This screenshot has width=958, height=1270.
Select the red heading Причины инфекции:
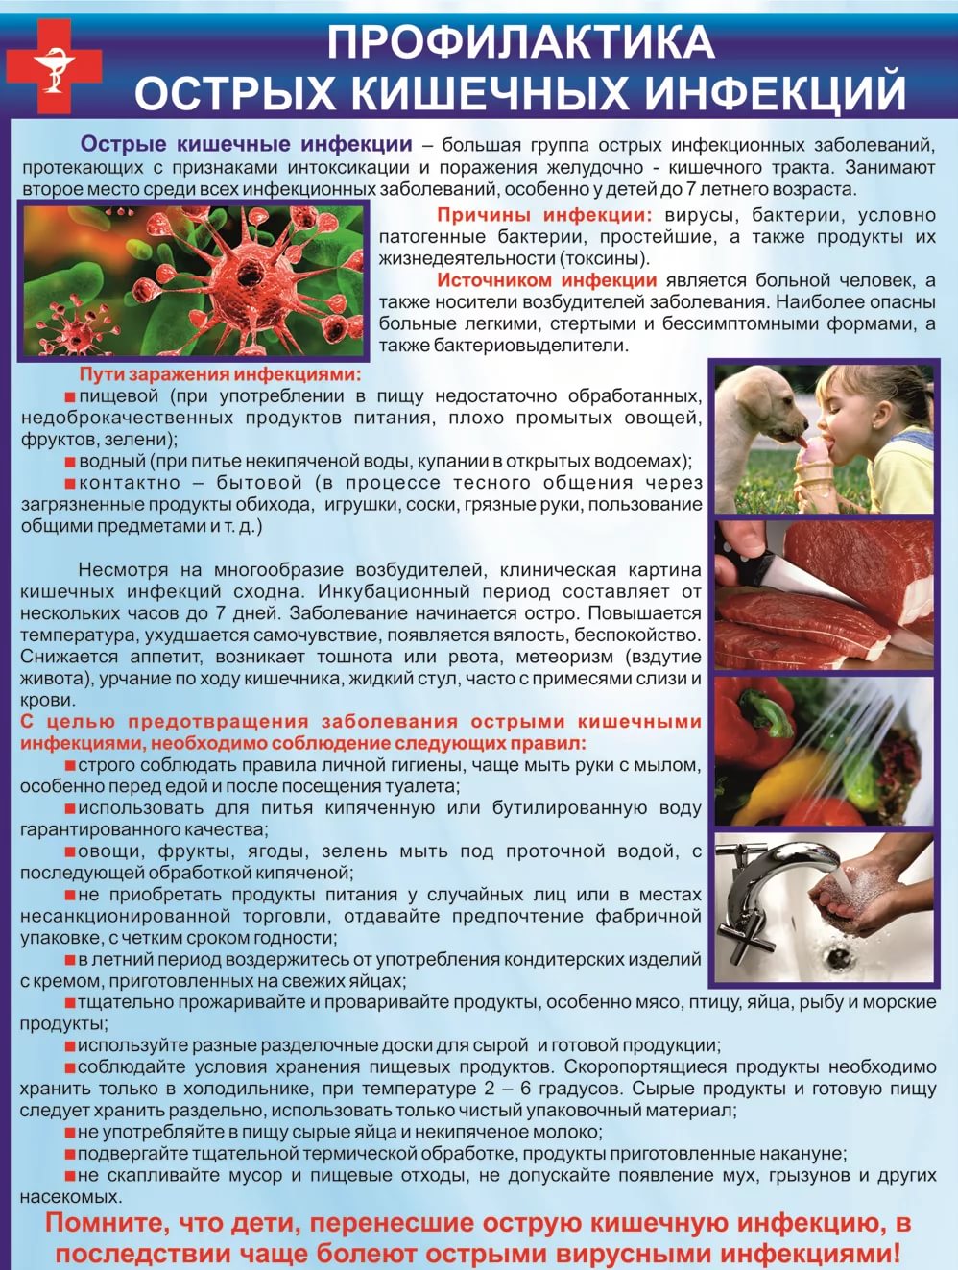pyautogui.click(x=544, y=215)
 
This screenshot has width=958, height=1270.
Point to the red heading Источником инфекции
pyautogui.click(x=547, y=280)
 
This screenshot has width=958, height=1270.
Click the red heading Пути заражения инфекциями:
pyautogui.click(x=220, y=374)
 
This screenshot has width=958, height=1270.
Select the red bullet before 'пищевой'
pyautogui.click(x=69, y=396)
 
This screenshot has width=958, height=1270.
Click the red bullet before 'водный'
pyautogui.click(x=69, y=462)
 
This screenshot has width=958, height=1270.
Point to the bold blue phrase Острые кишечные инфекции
pyautogui.click(x=246, y=145)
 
